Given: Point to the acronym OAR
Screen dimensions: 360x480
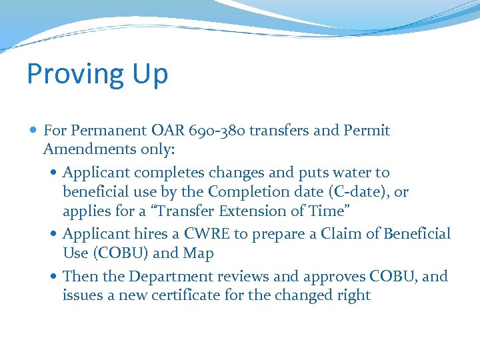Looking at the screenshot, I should click(x=167, y=131).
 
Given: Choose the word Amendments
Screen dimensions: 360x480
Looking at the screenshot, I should click(x=89, y=149).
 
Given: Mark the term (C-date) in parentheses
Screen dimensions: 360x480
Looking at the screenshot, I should click(x=365, y=192).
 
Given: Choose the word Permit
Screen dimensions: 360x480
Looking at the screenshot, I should click(x=367, y=131).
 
